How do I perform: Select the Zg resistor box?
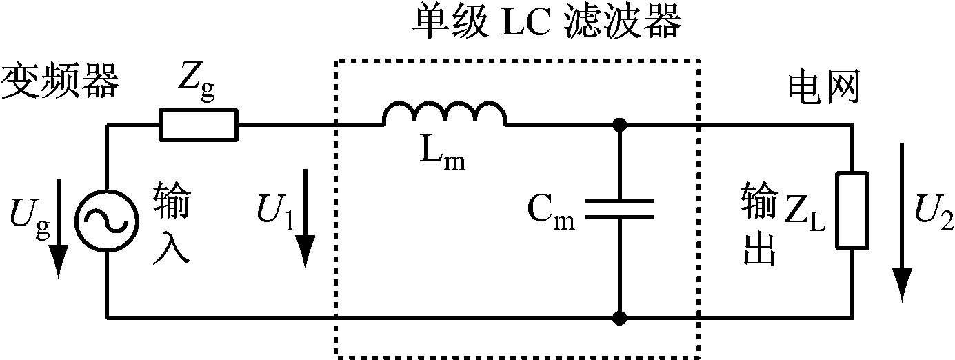199,125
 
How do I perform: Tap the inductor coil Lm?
445,114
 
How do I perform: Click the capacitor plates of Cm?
619,209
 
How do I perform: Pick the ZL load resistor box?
852,210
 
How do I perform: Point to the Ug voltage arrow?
59,228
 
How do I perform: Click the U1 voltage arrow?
305,228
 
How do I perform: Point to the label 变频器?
61,83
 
